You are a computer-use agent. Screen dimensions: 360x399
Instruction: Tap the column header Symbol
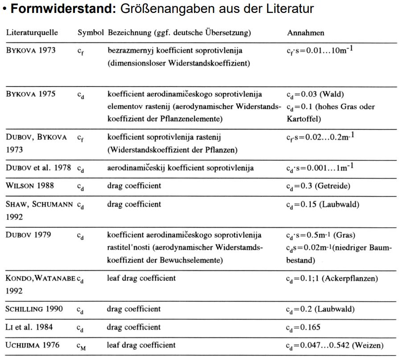pos(90,33)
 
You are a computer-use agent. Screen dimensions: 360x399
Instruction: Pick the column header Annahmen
pos(305,33)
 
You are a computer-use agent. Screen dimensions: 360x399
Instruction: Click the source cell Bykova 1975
pos(31,94)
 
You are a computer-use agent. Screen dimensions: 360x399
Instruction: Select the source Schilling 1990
pos(34,309)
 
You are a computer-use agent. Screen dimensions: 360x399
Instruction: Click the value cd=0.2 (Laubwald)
pos(318,310)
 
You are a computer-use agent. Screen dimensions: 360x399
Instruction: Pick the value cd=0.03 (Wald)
pos(315,94)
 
